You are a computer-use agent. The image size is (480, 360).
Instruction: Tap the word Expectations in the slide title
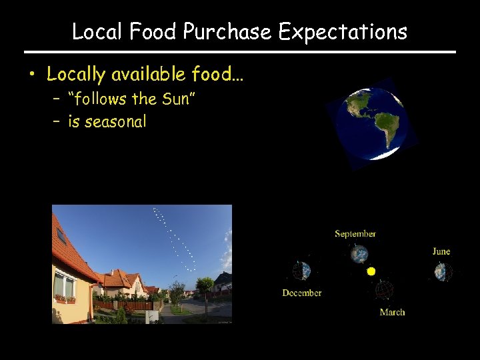[342, 31]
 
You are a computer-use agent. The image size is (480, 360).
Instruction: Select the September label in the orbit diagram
[355, 234]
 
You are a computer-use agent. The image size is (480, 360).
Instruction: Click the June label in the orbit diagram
[441, 251]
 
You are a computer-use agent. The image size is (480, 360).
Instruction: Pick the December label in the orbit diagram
[301, 293]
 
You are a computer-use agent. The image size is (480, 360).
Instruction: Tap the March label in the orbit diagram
[392, 312]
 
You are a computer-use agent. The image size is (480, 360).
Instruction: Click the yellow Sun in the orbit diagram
[371, 271]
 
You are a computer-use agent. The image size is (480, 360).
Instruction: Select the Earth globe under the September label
[359, 254]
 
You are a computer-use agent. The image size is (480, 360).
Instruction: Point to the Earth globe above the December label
[302, 271]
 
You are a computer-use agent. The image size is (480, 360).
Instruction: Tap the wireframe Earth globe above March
[384, 290]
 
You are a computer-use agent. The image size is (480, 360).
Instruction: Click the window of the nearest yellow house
[65, 285]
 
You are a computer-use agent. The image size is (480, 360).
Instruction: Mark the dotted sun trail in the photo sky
[173, 240]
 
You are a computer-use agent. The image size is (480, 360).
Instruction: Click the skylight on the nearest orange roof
[61, 235]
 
